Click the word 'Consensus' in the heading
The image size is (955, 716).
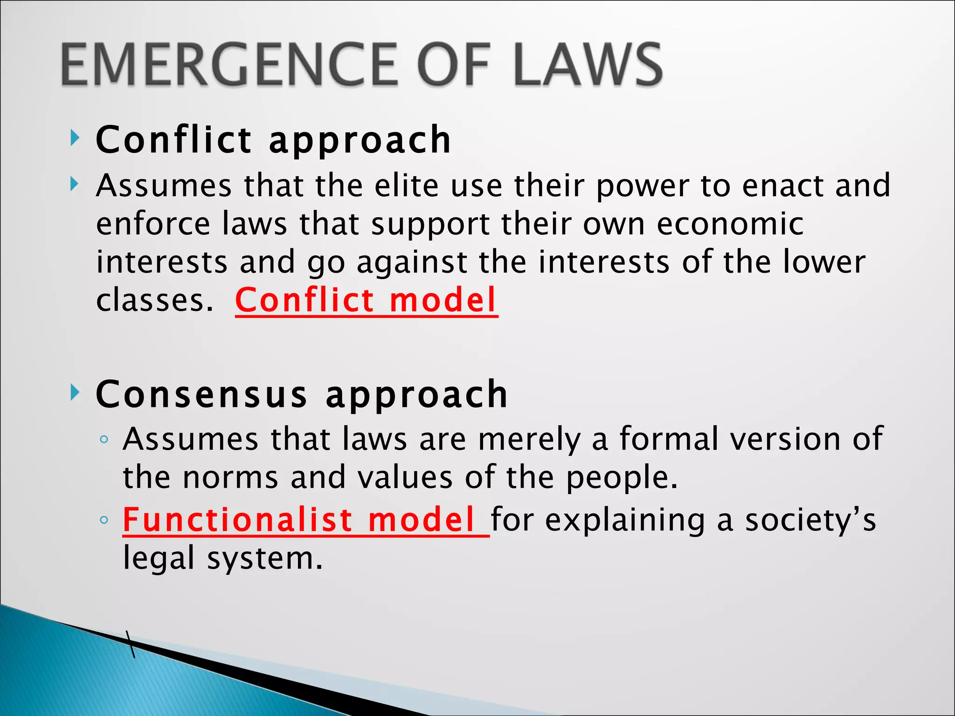click(x=201, y=394)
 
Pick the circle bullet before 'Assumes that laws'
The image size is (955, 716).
click(x=104, y=440)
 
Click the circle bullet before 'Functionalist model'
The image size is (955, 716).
click(x=104, y=520)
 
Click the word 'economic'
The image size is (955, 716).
click(x=730, y=224)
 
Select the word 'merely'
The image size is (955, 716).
click(x=530, y=440)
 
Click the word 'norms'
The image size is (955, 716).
click(x=230, y=478)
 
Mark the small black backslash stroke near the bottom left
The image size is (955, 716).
click(x=131, y=644)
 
